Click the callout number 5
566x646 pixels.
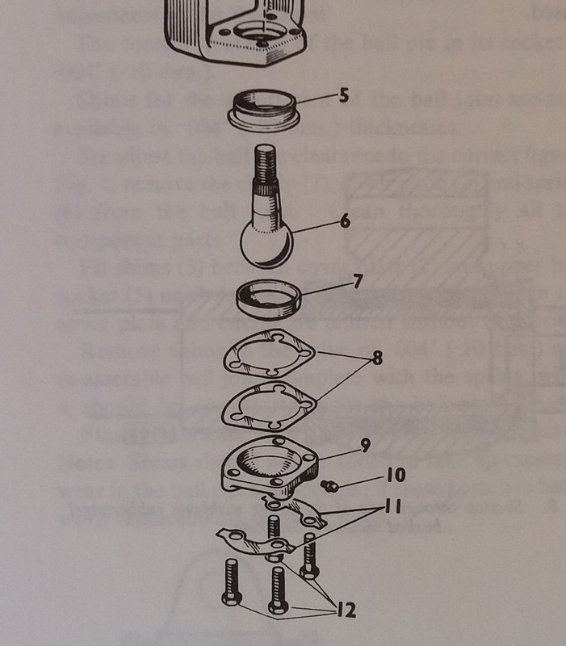tap(343, 95)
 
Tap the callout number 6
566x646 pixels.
tap(346, 221)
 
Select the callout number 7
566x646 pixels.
tap(358, 281)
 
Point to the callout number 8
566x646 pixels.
tap(377, 358)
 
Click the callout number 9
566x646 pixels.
tap(365, 446)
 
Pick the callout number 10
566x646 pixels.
tap(396, 475)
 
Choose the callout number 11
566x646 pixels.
tap(392, 506)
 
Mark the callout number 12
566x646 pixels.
tap(346, 610)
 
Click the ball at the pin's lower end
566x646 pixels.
tap(266, 245)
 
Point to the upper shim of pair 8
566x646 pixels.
tap(269, 354)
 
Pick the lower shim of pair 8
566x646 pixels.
tap(269, 405)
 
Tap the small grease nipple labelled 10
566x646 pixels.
tap(330, 486)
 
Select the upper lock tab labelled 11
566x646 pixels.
tap(295, 511)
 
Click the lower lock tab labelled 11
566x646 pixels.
tap(255, 542)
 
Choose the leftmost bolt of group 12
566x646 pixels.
tap(232, 582)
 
